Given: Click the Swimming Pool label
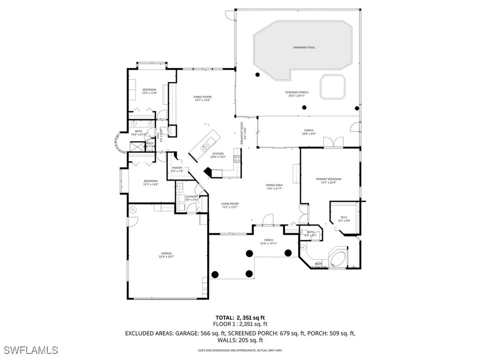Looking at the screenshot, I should (x=300, y=48).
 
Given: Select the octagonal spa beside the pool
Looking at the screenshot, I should (x=332, y=87).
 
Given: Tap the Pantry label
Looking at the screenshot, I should (x=177, y=169).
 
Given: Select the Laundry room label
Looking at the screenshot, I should (x=192, y=198).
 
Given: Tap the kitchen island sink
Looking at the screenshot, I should (x=204, y=148).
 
